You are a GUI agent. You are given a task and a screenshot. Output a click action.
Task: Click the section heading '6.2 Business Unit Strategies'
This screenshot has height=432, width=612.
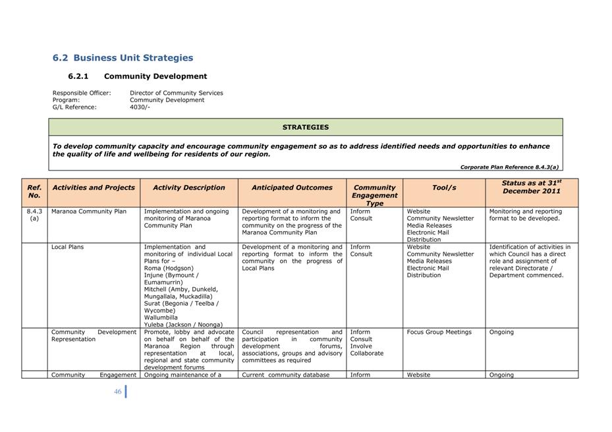point(123,58)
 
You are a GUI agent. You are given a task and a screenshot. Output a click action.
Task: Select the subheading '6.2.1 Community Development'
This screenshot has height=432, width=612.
point(137,76)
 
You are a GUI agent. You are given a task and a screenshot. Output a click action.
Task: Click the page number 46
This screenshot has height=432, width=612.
point(118,391)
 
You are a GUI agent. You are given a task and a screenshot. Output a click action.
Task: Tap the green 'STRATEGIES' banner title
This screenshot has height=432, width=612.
point(306,127)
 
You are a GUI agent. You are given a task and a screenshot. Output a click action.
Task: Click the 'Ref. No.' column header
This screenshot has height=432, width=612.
point(34,191)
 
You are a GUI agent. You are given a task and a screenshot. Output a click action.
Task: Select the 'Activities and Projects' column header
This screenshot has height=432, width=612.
point(94,188)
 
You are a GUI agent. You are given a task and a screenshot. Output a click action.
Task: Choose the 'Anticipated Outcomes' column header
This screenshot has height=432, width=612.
point(292,188)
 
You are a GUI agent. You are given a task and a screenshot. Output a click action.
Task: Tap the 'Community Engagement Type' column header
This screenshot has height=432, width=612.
point(374,195)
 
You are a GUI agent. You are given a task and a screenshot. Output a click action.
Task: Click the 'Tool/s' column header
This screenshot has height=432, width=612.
point(443,188)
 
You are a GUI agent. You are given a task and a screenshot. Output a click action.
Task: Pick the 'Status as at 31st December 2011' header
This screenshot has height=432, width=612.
point(531,187)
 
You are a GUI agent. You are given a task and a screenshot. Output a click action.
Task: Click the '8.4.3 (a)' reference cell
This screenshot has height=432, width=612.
point(34,215)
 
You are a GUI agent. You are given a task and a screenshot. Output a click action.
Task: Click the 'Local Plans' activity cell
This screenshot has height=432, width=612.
point(67,247)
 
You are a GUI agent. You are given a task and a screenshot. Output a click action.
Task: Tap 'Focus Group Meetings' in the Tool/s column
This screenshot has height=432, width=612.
point(439,332)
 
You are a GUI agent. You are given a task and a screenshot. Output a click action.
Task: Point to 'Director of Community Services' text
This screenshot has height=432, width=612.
point(176,93)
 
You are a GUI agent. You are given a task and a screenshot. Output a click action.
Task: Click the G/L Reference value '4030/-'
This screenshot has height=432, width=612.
point(140,107)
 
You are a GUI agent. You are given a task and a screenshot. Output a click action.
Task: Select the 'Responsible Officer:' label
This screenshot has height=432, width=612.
point(82,93)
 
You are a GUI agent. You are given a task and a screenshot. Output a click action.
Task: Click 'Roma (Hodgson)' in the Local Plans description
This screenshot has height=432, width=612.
point(169,268)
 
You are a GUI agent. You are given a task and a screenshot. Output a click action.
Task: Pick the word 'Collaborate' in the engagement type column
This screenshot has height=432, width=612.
point(366,353)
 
